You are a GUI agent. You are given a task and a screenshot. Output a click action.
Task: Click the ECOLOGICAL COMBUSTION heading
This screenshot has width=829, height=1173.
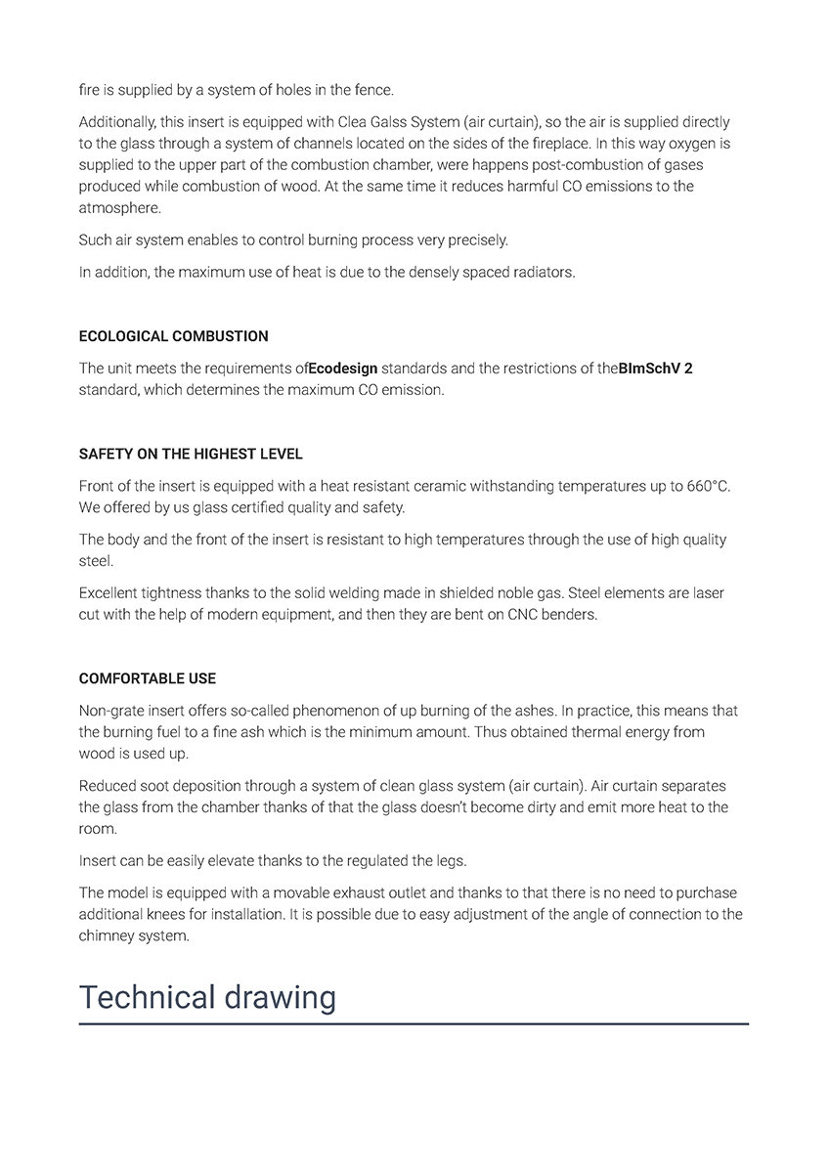tap(173, 336)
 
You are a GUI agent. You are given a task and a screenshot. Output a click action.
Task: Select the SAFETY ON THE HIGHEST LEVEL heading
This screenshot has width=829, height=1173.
tap(191, 455)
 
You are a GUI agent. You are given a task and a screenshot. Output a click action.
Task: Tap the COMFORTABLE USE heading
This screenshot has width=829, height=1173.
tap(148, 678)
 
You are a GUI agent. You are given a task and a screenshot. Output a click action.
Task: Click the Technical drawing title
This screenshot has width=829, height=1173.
tap(207, 997)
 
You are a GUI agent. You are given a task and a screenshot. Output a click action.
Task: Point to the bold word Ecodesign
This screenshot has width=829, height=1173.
tap(343, 369)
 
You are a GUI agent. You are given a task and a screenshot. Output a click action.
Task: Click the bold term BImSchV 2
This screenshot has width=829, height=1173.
tap(656, 369)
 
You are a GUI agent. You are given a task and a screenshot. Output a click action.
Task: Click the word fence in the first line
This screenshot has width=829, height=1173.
tap(372, 90)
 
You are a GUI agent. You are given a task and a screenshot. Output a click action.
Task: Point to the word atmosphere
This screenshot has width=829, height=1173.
tap(118, 208)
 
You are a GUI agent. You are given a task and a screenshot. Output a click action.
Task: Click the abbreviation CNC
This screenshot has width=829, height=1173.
tap(526, 615)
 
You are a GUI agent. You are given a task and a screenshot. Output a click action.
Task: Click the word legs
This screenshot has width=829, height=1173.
tap(451, 861)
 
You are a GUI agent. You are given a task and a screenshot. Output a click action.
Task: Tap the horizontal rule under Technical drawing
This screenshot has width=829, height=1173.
tap(414, 1023)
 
